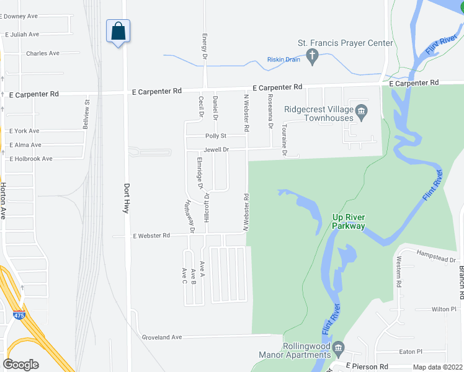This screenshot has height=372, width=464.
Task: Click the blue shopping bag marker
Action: pyautogui.click(x=118, y=31)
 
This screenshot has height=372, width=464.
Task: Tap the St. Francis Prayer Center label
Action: pyautogui.click(x=346, y=43)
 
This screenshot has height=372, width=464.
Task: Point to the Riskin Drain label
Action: pyautogui.click(x=283, y=59)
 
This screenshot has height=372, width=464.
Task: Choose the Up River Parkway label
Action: pyautogui.click(x=349, y=221)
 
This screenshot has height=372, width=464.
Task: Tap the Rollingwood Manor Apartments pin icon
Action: pyautogui.click(x=338, y=347)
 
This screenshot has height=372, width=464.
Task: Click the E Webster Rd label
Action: pyautogui.click(x=151, y=236)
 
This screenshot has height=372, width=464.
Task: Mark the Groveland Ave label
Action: pyautogui.click(x=161, y=337)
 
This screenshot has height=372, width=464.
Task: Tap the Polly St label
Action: pyautogui.click(x=216, y=136)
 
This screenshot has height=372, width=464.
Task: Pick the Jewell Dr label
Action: pyautogui.click(x=216, y=149)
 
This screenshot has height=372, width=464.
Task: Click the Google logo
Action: pyautogui.click(x=21, y=364)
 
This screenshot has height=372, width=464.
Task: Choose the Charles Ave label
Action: pyautogui.click(x=43, y=53)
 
